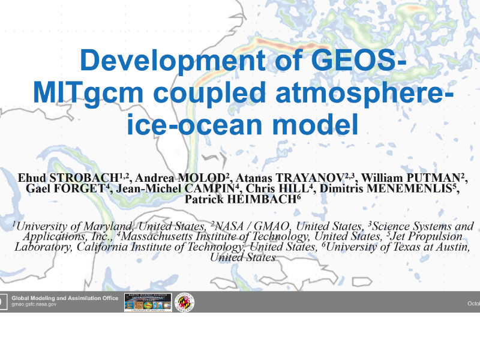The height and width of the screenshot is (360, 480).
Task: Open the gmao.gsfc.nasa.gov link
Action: click(x=34, y=304)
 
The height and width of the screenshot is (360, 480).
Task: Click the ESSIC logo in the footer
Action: click(x=148, y=302)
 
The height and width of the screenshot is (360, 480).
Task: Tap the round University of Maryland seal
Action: click(x=184, y=302)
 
